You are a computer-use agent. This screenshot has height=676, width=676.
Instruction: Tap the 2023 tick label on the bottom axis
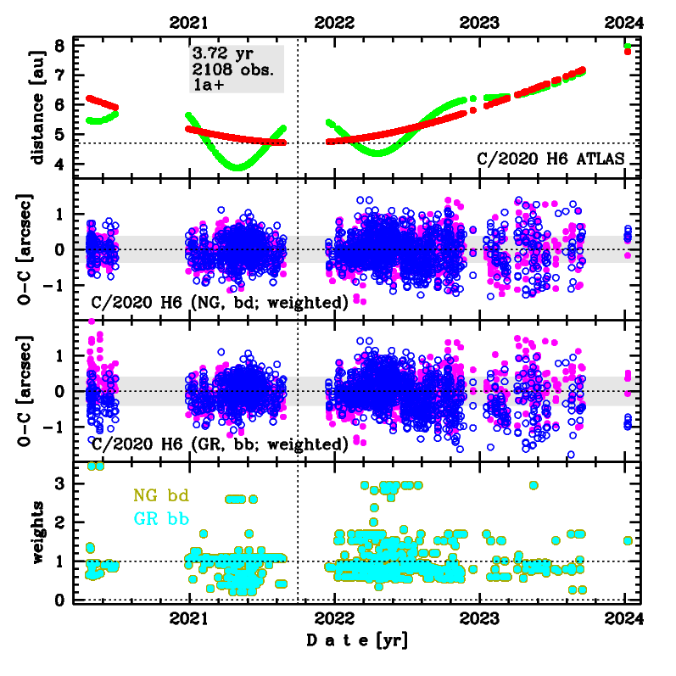[x=480, y=619]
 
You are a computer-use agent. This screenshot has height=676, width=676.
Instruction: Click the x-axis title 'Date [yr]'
[x=356, y=640]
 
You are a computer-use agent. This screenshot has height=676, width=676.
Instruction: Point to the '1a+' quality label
[x=210, y=85]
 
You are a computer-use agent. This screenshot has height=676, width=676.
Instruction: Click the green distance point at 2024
[x=627, y=46]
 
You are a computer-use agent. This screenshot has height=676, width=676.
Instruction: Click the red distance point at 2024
[x=627, y=52]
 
